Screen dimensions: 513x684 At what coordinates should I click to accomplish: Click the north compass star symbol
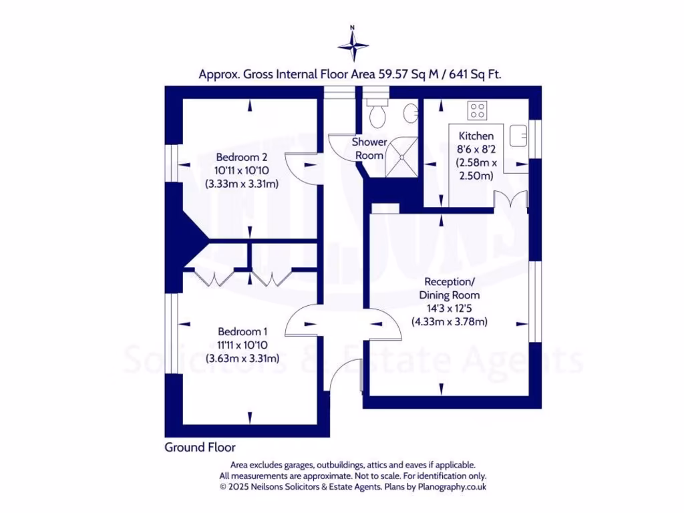[x=353, y=46]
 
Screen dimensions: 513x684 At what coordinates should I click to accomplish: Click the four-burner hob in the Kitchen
[x=477, y=109]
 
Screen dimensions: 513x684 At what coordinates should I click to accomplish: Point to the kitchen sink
[x=519, y=136]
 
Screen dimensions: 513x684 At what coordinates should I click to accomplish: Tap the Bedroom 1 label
[x=242, y=331]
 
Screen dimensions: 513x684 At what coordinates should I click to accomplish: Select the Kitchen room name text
[x=476, y=136]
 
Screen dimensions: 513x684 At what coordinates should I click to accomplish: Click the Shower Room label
[x=369, y=148]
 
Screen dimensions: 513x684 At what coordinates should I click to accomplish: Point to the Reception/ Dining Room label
[x=449, y=289]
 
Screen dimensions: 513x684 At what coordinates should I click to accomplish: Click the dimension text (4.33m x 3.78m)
[x=449, y=321]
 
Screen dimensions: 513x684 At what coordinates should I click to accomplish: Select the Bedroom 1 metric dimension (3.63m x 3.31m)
[x=242, y=358]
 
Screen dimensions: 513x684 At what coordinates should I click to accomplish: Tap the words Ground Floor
[x=200, y=447]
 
